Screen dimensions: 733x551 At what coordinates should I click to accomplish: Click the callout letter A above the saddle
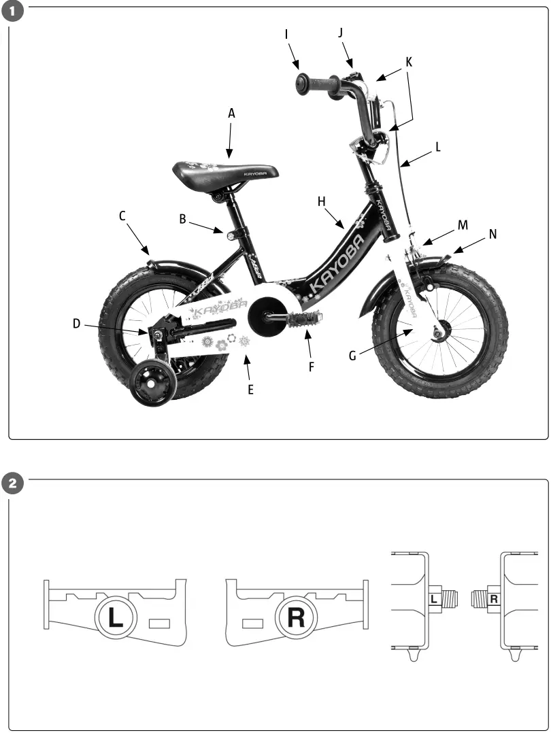(x=231, y=114)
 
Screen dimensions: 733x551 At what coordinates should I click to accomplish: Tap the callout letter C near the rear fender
(x=122, y=216)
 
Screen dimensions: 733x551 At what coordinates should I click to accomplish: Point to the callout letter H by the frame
(x=322, y=201)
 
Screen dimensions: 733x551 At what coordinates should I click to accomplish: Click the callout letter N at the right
(x=492, y=234)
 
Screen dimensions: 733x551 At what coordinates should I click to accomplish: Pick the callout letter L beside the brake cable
(x=438, y=147)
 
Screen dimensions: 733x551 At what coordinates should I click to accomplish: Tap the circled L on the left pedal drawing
(x=116, y=617)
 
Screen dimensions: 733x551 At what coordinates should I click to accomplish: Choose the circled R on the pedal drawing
(x=296, y=617)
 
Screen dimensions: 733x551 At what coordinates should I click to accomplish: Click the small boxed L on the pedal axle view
(x=433, y=599)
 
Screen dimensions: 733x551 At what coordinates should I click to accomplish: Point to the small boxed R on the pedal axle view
(x=494, y=599)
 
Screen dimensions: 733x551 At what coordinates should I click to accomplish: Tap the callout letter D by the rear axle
(x=77, y=324)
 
